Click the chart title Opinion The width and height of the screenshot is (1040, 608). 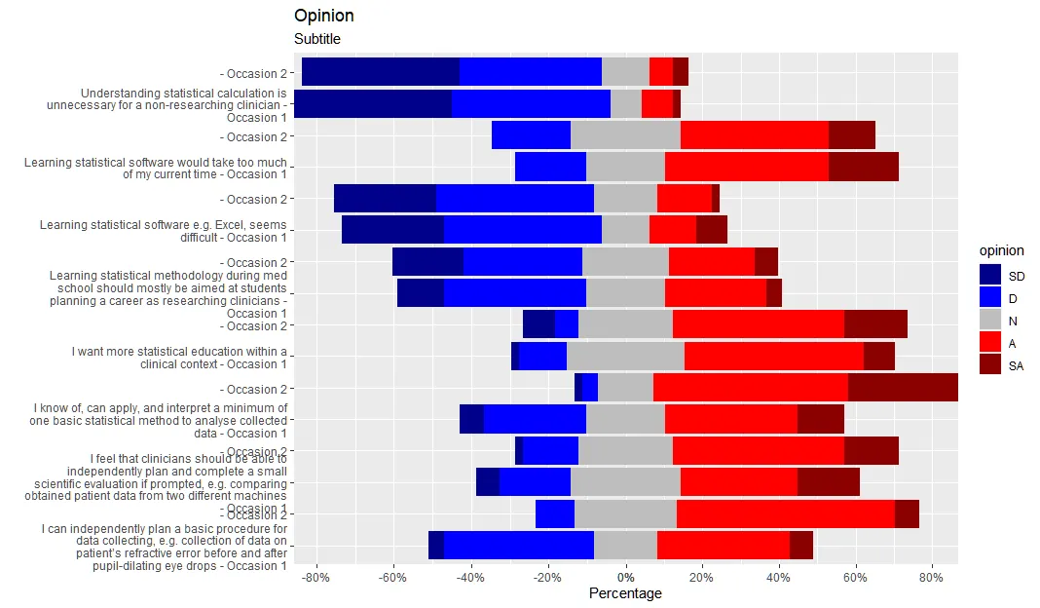coord(324,16)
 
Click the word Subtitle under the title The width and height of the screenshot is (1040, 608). coord(317,39)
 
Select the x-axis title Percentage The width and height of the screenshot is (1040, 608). coord(625,593)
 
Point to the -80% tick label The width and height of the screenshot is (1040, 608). coord(316,577)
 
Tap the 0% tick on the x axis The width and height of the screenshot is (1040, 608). coord(625,577)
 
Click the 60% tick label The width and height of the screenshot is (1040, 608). coord(855,577)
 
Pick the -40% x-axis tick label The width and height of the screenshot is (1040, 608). coord(470,577)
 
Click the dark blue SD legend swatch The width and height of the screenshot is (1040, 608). coord(990,276)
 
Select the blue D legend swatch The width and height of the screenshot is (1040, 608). coord(990,298)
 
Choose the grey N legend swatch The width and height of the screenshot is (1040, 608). coord(990,321)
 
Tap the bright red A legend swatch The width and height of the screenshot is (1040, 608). coord(990,343)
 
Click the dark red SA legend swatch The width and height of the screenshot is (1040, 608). coord(990,365)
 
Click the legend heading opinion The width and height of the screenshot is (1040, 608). coord(1001,250)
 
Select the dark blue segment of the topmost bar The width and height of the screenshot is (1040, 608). coord(380,72)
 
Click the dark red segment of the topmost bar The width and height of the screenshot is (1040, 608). coord(681,72)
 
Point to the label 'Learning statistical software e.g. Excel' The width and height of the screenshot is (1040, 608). coord(164,231)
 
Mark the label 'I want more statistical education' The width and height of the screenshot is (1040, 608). coord(179,358)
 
